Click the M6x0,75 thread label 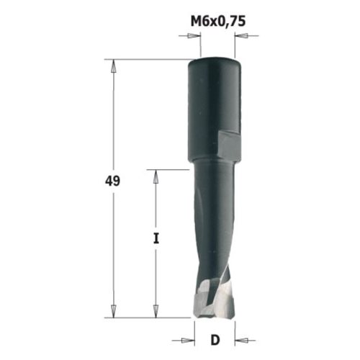click(218, 22)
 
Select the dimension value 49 click(112, 181)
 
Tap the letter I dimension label click(156, 238)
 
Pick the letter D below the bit click(215, 340)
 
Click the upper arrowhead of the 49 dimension click(113, 66)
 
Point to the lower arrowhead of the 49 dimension click(113, 311)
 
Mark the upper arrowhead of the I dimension click(156, 176)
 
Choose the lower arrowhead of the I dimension click(156, 311)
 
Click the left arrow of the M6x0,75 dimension click(194, 36)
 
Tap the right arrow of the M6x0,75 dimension click(241, 36)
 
